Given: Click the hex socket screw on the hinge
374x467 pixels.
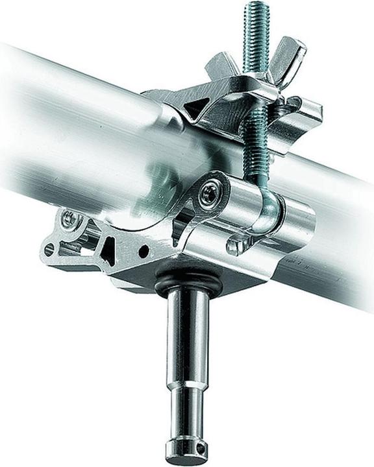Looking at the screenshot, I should tap(208, 195).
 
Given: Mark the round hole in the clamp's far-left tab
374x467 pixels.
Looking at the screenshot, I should tap(49, 248).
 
